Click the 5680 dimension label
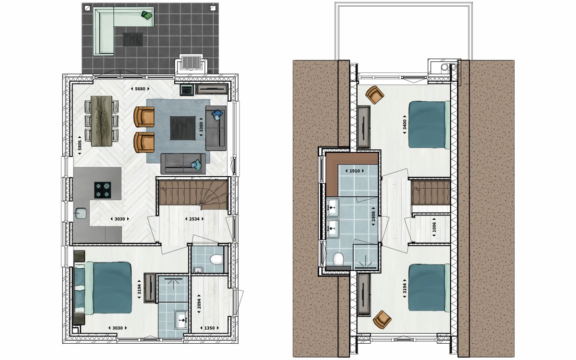coord(140,89)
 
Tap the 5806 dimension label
coord(80,145)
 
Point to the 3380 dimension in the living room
coord(201,127)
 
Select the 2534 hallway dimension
coord(194,219)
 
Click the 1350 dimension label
coord(209,328)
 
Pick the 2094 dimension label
coord(199,304)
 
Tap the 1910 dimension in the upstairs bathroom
coord(355,171)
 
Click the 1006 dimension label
coord(434,227)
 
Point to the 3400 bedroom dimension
coord(405,124)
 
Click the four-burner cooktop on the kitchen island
coord(103,190)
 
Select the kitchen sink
coord(81,213)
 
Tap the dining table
coord(101,121)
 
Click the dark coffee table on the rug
coord(182,128)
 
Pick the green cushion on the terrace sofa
coord(147,15)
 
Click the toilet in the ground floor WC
coord(216,260)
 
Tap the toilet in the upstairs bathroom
coord(338,259)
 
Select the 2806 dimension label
coord(373,216)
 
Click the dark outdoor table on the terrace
coord(132,39)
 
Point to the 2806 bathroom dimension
coord(373,216)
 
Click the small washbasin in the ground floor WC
coord(198,270)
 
